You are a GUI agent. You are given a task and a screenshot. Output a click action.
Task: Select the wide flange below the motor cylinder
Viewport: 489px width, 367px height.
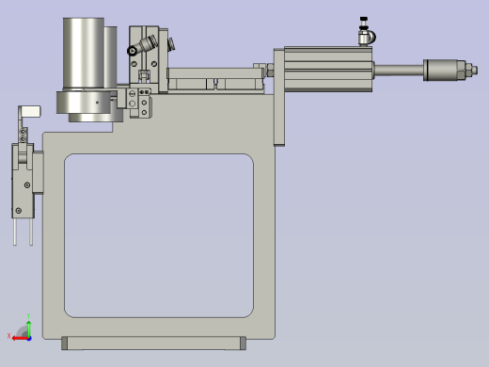(x=89, y=105)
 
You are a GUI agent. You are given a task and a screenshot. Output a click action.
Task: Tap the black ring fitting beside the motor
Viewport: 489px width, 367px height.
(x=133, y=51)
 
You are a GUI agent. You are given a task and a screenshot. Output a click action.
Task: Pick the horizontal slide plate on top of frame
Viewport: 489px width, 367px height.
(x=214, y=83)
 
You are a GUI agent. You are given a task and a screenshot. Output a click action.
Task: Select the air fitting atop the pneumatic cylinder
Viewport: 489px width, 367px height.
(x=365, y=34)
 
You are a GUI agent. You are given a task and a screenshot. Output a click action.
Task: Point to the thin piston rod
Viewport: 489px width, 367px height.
(x=399, y=69)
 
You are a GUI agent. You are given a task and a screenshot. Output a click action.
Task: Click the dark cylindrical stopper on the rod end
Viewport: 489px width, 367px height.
(x=442, y=69)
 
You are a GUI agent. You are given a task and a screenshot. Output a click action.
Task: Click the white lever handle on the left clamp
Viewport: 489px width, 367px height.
(x=33, y=112)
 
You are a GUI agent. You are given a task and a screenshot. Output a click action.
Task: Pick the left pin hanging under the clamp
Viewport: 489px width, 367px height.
(x=15, y=231)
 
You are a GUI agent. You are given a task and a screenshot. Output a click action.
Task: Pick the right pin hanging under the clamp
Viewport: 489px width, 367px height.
(x=31, y=231)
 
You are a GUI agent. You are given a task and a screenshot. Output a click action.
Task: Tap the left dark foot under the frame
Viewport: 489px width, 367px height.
(x=66, y=343)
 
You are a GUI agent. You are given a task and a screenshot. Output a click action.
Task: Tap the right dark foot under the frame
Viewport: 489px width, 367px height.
(x=243, y=343)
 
